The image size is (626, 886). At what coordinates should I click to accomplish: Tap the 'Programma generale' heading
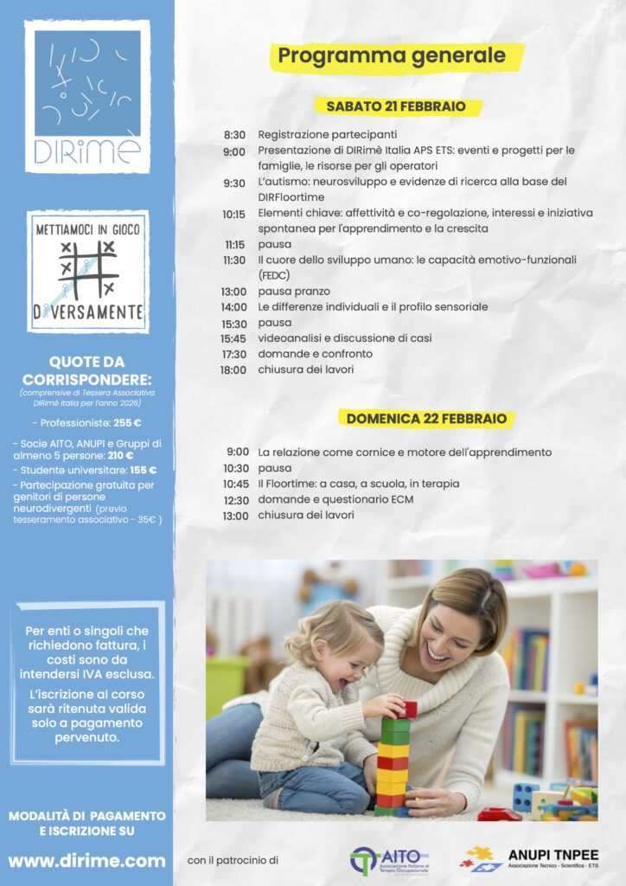tap(397, 56)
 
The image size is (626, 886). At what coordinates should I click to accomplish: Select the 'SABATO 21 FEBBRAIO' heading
tap(396, 106)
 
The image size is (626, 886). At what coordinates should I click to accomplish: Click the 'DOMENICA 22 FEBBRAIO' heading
tap(426, 419)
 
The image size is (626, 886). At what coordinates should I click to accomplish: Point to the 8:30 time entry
tap(234, 135)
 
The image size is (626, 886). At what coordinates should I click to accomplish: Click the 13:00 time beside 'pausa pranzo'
tap(234, 292)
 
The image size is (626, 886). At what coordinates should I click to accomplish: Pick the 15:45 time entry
tap(233, 338)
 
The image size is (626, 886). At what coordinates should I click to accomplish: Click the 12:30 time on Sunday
tap(235, 500)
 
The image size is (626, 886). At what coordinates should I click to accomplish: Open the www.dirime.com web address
tap(86, 861)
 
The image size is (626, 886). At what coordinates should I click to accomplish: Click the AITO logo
tap(390, 859)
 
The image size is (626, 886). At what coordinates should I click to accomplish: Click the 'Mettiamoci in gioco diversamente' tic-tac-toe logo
tap(87, 272)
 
